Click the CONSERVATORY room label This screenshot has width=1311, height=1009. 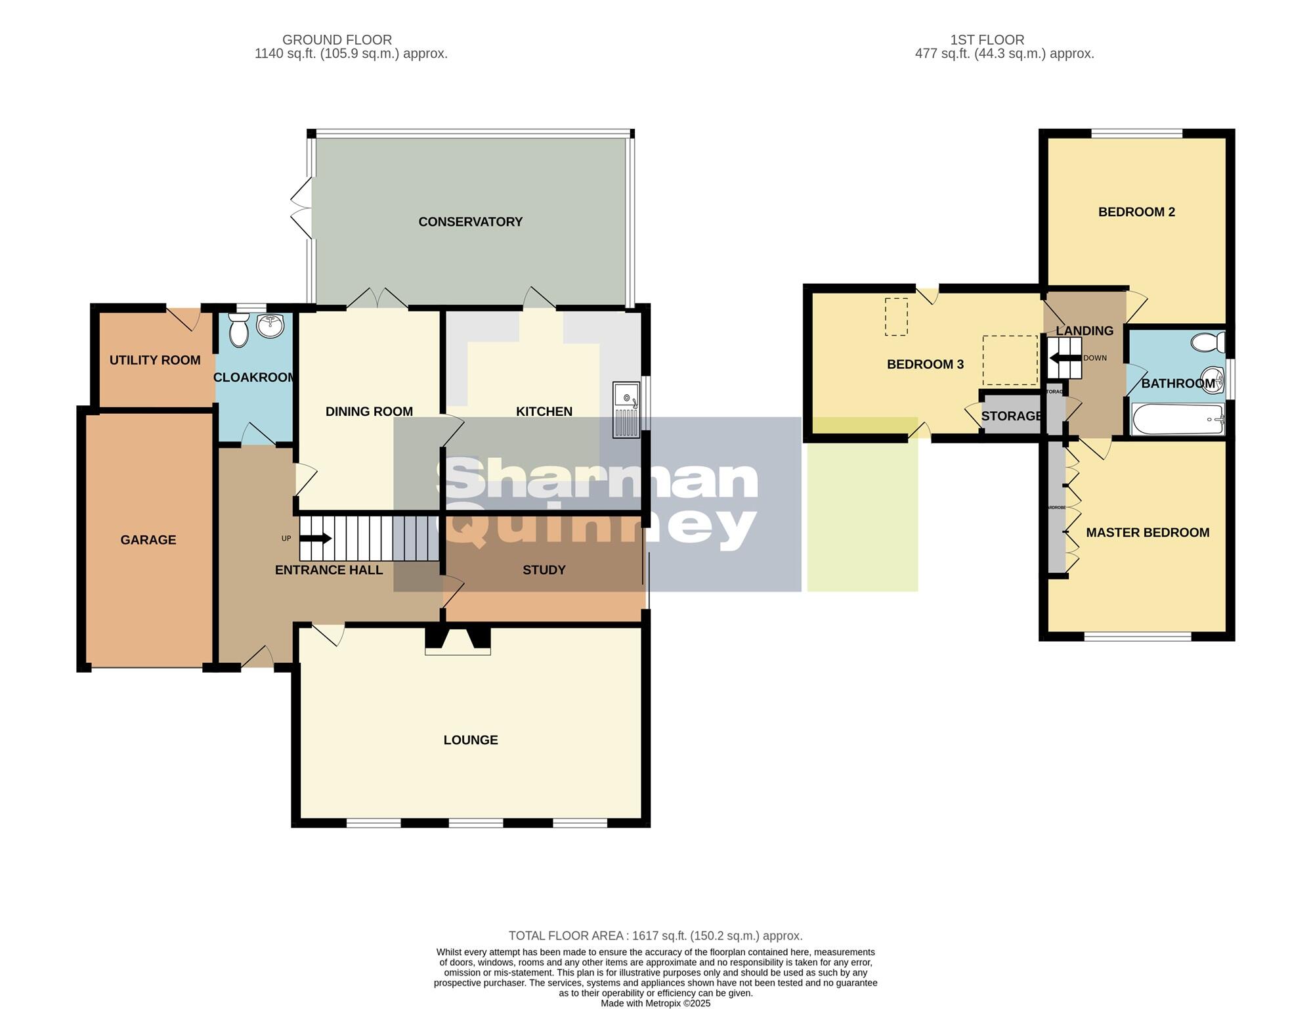pos(470,222)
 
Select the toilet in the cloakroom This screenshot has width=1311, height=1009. pos(239,330)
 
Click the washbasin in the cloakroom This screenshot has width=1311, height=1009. pos(270,325)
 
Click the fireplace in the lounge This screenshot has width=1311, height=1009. pos(458,641)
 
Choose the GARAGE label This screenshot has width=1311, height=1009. pos(148,540)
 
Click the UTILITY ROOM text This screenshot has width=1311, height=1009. pos(155,360)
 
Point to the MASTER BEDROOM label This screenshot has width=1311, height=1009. pos(1147,533)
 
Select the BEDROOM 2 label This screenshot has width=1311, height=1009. pos(1136,212)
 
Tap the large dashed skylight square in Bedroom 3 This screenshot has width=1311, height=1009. pos(1010,360)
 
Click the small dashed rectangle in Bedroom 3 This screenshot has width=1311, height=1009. pos(896,317)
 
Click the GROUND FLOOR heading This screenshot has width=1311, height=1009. pos(337,40)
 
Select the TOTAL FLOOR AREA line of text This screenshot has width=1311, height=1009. pos(655,935)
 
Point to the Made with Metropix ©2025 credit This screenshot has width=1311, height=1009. pos(655,1003)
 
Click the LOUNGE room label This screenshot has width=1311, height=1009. pos(470,740)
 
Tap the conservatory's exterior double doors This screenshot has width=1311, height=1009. pos(302,209)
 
